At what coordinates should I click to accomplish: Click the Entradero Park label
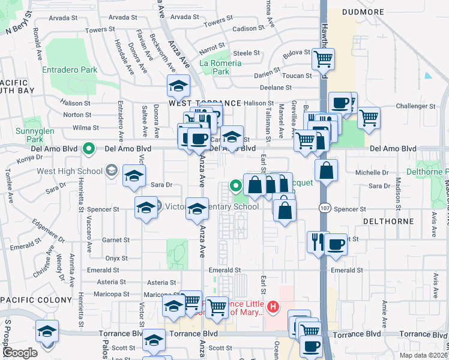click(x=70, y=70)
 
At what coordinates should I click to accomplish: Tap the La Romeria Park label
click(x=221, y=67)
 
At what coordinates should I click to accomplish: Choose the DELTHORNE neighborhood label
click(x=388, y=221)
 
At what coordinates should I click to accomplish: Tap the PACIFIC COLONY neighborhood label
click(x=28, y=299)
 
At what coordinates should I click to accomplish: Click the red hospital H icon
click(x=273, y=308)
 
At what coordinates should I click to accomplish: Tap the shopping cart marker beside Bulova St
click(x=323, y=59)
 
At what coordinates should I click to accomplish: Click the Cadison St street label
click(x=249, y=28)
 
